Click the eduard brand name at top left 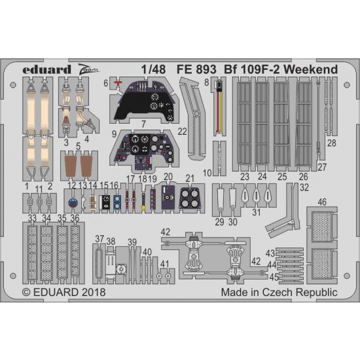(46, 69)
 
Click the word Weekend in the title (310, 69)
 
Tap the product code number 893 (205, 69)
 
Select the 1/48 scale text (153, 69)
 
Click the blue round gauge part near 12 (73, 203)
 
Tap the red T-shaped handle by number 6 (118, 83)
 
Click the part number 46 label (322, 202)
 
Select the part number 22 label (183, 132)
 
